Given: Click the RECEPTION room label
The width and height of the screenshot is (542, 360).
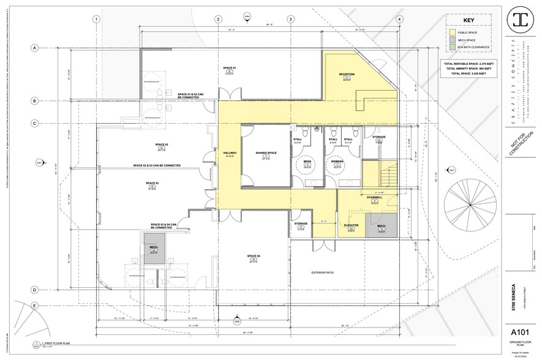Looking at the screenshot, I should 347,74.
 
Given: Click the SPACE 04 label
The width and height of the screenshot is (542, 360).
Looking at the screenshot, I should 254,255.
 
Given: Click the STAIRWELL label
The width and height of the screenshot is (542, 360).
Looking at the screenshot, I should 375,197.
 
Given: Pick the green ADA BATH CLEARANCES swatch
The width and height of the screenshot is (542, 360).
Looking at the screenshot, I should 453,51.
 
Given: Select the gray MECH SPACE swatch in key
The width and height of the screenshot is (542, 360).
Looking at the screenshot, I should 453,41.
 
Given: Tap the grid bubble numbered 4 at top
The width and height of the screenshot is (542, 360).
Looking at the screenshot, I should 399,19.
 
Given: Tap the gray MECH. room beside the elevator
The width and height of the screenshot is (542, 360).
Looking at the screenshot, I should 381,225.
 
